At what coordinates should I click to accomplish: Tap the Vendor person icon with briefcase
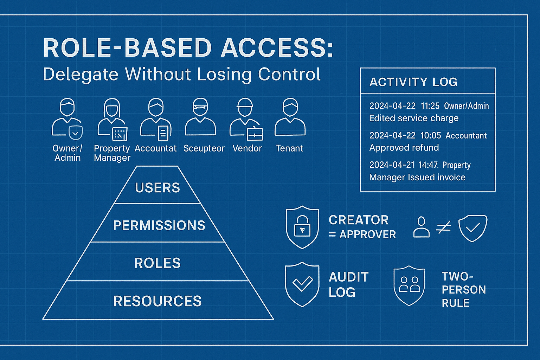(x=246, y=118)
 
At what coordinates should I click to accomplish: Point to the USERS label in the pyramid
(x=157, y=188)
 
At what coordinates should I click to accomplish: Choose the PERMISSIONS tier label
(x=159, y=225)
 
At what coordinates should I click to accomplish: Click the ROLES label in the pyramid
(x=157, y=263)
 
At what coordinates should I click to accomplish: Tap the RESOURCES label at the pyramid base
(x=157, y=301)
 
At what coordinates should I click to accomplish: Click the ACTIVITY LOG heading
(x=413, y=82)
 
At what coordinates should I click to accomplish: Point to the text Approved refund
(x=404, y=148)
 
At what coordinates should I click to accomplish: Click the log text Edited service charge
(x=414, y=118)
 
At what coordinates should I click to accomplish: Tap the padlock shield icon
(x=302, y=227)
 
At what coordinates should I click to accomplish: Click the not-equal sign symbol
(x=443, y=228)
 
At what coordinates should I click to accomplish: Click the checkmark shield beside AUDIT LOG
(x=302, y=284)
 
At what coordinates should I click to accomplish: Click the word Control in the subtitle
(x=289, y=74)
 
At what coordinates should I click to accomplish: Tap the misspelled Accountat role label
(x=155, y=148)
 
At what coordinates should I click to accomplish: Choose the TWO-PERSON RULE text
(x=463, y=290)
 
